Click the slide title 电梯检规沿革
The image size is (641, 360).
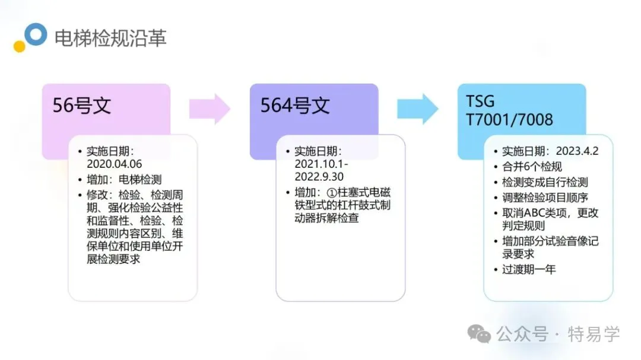(110, 37)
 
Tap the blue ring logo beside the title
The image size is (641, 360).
(36, 34)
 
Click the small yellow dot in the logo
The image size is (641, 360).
(20, 46)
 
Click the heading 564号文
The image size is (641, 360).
(295, 106)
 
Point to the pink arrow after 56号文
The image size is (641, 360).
(209, 109)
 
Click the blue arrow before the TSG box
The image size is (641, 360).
(417, 109)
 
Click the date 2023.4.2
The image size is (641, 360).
(577, 151)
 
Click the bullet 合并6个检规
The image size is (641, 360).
(532, 167)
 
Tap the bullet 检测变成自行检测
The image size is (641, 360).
(545, 182)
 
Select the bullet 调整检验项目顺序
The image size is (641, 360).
(545, 197)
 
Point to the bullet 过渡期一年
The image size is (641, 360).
(529, 270)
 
